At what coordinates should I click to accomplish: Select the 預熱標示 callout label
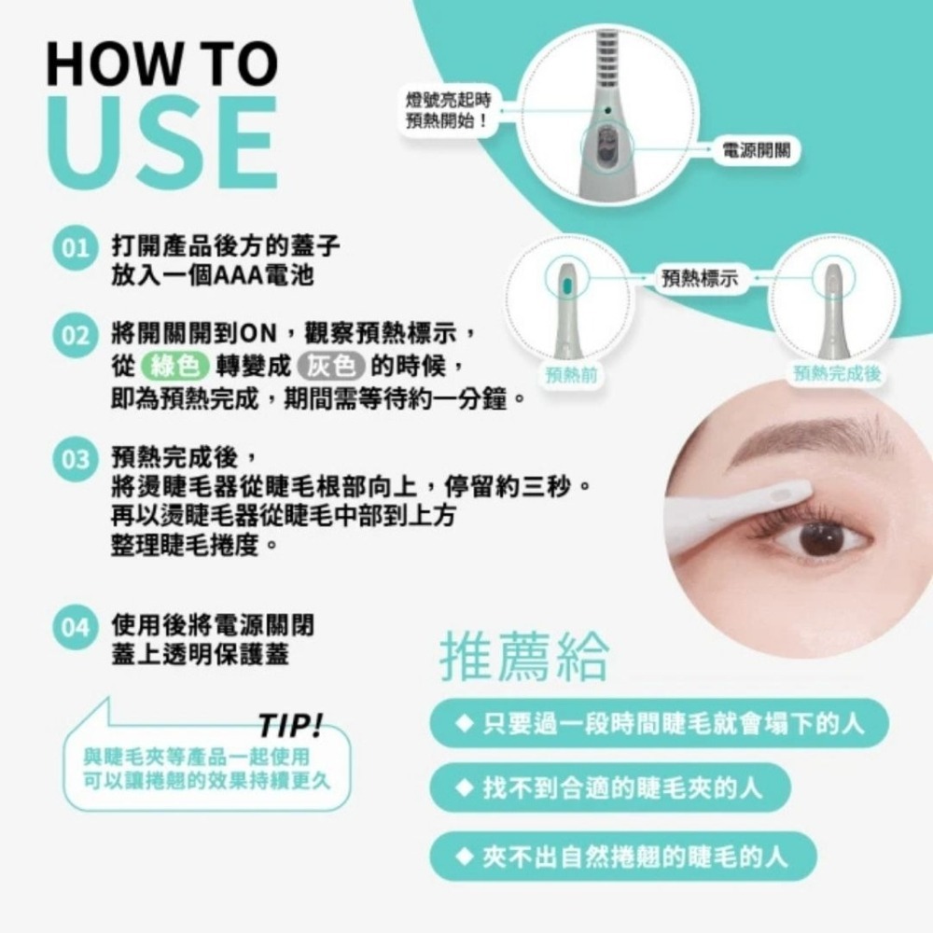pyautogui.click(x=699, y=277)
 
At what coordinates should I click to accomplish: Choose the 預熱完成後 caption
pyautogui.click(x=838, y=375)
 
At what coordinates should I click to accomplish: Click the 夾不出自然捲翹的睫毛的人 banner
pyautogui.click(x=624, y=856)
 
